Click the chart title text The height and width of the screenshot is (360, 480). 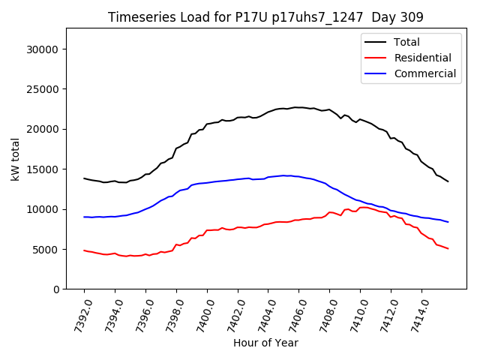[x=265, y=17]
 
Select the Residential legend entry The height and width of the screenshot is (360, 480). [x=422, y=58]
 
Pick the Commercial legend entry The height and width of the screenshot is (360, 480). [x=424, y=73]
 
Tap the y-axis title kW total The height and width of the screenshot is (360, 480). [x=15, y=158]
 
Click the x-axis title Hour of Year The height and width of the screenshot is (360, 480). [x=265, y=343]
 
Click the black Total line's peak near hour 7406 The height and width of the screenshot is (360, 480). [x=297, y=107]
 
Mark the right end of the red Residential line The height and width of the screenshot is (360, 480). [x=448, y=248]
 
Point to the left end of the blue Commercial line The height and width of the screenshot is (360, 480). [x=84, y=217]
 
